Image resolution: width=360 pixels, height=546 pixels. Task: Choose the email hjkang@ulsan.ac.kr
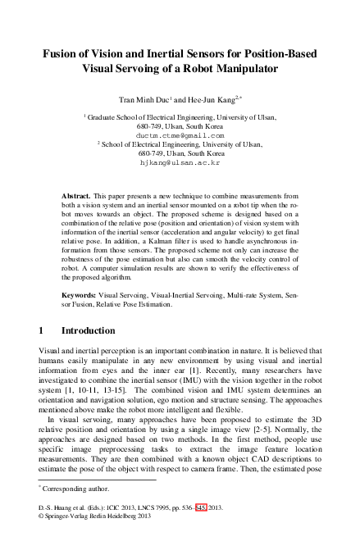tap(180, 162)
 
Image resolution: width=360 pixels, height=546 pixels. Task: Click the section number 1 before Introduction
tap(42, 331)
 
